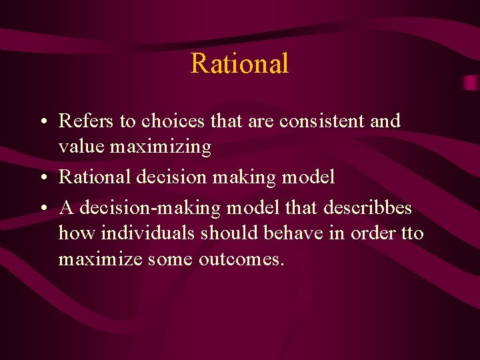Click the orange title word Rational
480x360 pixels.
[239, 64]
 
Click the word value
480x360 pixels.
[82, 146]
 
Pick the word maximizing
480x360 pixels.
[161, 147]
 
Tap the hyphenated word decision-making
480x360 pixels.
[147, 209]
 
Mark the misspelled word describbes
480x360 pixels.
[367, 209]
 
